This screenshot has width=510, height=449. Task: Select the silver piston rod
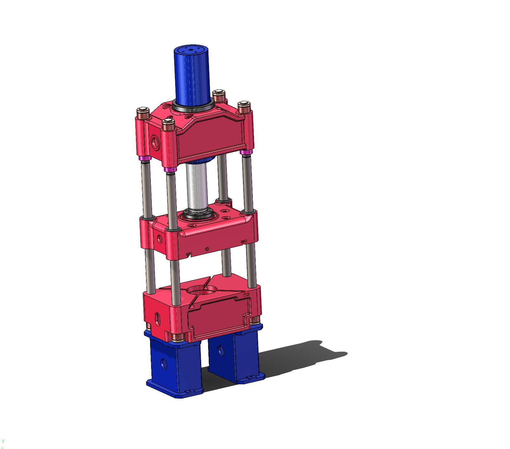coord(196,187)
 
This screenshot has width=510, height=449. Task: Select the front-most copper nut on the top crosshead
coord(168,125)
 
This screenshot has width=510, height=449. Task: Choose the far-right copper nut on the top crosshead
coord(244,107)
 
